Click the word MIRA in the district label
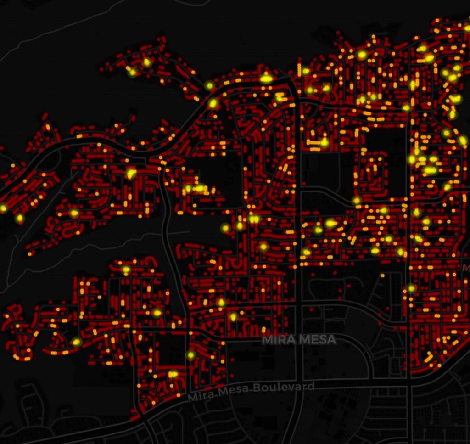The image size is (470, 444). pos(277,340)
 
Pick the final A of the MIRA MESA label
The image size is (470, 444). pos(332,340)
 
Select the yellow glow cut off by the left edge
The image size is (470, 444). pos(3,208)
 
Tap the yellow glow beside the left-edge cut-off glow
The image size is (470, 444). pos(19,219)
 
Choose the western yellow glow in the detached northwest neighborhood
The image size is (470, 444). pos(132,72)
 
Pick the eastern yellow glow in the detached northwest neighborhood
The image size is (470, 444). pos(147,62)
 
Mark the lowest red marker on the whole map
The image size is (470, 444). pos(134,418)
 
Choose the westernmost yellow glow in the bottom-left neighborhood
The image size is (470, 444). pos(76,342)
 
